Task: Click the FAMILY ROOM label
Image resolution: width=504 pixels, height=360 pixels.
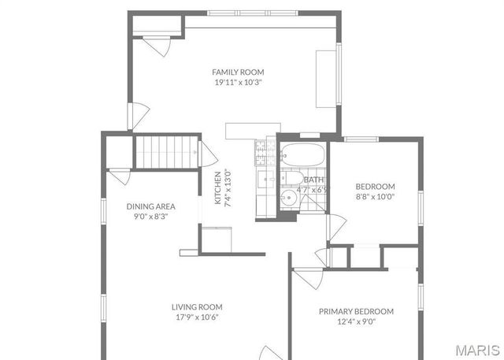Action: point(237,72)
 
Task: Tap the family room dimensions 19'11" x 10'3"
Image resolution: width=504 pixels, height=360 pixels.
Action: point(237,82)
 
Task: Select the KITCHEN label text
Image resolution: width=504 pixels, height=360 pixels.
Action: point(218,188)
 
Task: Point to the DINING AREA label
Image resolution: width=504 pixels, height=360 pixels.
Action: point(150,206)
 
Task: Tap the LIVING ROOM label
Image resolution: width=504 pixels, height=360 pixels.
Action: point(197,307)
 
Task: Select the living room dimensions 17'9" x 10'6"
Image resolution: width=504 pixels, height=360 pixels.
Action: point(197,317)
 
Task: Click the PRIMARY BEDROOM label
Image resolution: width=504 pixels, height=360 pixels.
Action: point(356,311)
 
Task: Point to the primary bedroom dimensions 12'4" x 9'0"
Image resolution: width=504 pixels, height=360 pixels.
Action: point(356,321)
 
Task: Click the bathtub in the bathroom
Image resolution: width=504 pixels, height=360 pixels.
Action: point(302,154)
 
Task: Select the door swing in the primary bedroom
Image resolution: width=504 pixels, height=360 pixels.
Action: point(309,278)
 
